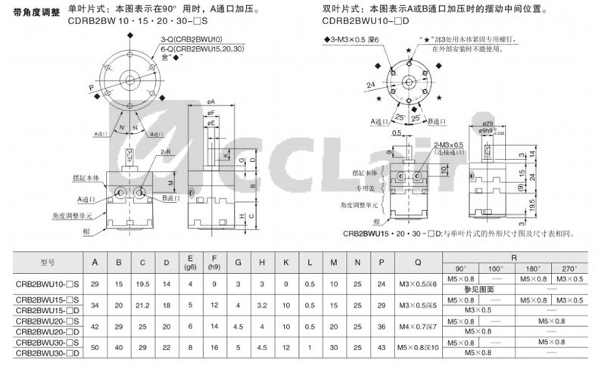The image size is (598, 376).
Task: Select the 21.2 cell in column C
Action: pyautogui.click(x=142, y=305)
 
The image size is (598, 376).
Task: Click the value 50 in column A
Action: pyautogui.click(x=95, y=346)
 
